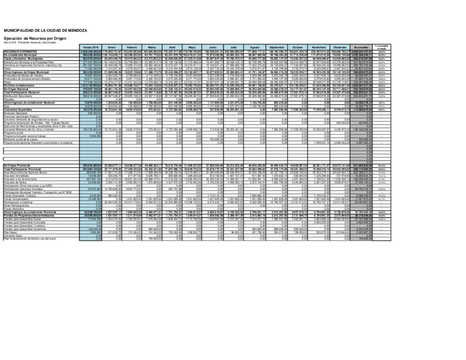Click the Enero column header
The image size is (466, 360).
point(111,48)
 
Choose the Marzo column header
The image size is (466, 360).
point(152,48)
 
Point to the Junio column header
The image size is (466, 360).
point(212,48)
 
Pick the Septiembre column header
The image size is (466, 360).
point(277,48)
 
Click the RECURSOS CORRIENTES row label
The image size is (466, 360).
point(17,52)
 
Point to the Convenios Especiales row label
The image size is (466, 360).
point(18,110)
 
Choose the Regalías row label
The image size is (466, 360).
point(10,100)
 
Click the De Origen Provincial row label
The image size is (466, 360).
point(17,164)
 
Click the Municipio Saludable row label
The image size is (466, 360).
point(16,113)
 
